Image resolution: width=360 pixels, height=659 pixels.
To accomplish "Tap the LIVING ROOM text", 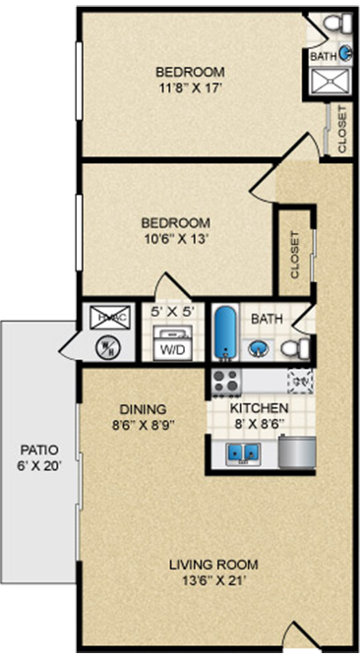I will pos(213,564).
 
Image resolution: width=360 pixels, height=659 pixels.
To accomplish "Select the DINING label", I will pos(144,408).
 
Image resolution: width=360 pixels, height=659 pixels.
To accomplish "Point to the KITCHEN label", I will pos(259,408).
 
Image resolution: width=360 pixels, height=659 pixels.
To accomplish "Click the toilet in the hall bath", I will pos(296,347).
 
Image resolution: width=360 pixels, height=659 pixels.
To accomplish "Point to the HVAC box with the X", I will pos(104,318).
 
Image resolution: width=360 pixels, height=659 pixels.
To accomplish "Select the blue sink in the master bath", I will pos(344,56).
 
